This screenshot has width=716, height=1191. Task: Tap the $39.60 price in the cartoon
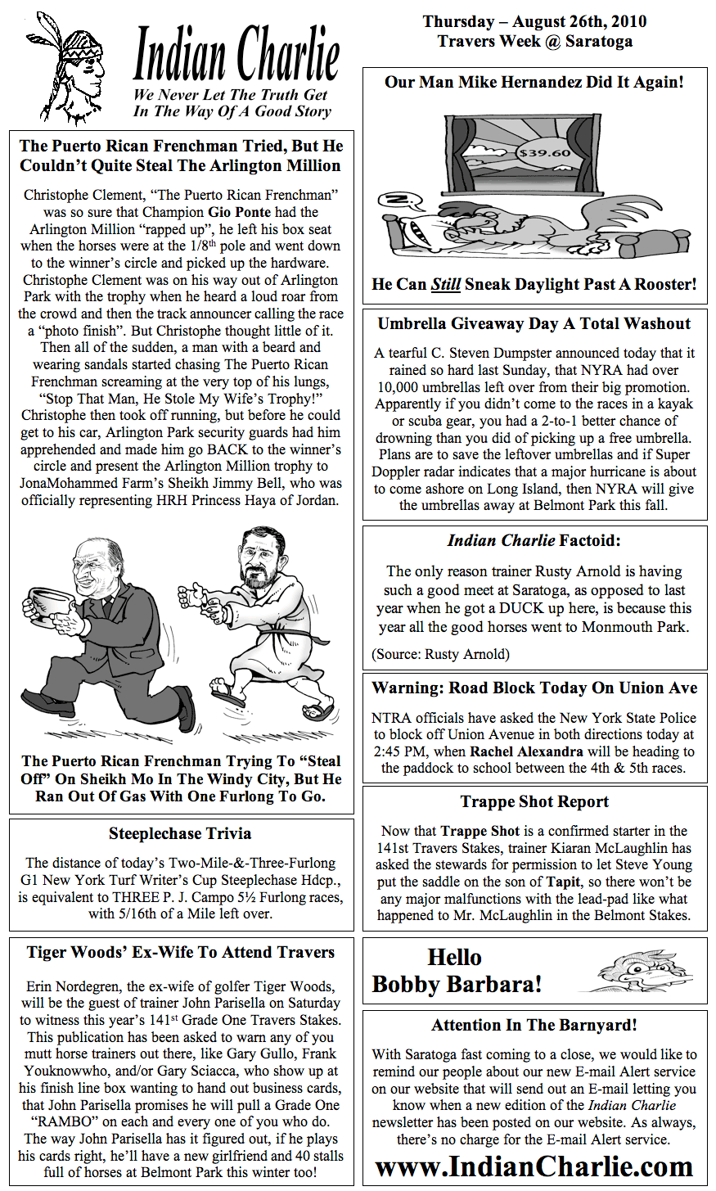pyautogui.click(x=544, y=152)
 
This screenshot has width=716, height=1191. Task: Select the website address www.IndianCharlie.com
pyautogui.click(x=534, y=1166)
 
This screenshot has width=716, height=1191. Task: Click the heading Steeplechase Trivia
pyautogui.click(x=180, y=833)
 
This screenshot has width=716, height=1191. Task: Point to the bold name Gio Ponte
pyautogui.click(x=239, y=212)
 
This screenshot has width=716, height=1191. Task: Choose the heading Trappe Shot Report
pyautogui.click(x=534, y=801)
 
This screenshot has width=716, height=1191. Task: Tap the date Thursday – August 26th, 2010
pyautogui.click(x=534, y=22)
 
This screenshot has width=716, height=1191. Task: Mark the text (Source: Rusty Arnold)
pyautogui.click(x=440, y=653)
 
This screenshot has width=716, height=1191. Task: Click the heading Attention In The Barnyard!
pyautogui.click(x=534, y=1025)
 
